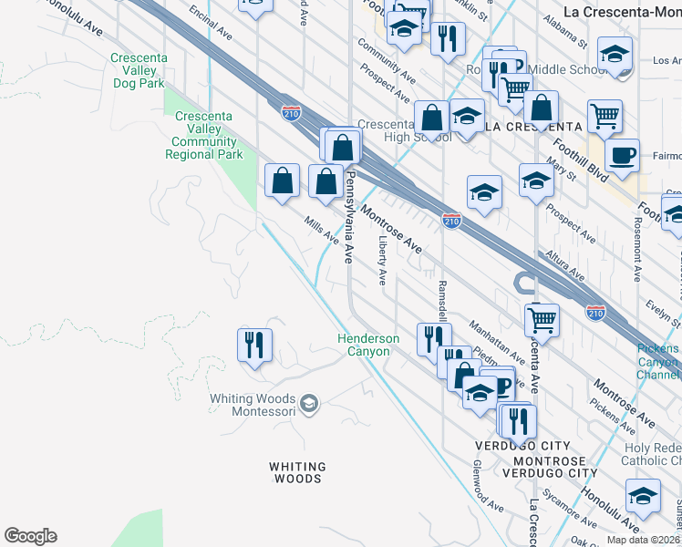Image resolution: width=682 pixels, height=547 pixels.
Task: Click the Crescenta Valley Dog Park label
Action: click(x=138, y=70)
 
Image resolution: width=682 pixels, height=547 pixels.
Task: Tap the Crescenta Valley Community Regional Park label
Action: click(x=204, y=135)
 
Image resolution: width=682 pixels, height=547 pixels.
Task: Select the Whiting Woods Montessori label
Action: click(x=253, y=406)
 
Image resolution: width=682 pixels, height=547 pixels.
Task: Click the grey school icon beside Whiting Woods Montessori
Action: click(x=309, y=403)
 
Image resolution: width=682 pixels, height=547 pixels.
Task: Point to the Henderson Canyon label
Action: click(x=369, y=345)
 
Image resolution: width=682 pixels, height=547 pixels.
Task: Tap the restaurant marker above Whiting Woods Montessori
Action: click(x=254, y=346)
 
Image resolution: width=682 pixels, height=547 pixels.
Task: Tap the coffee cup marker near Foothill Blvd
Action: click(x=622, y=156)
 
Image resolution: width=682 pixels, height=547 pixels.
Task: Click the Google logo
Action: click(x=30, y=536)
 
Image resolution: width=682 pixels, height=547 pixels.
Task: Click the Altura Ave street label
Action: click(x=564, y=266)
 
